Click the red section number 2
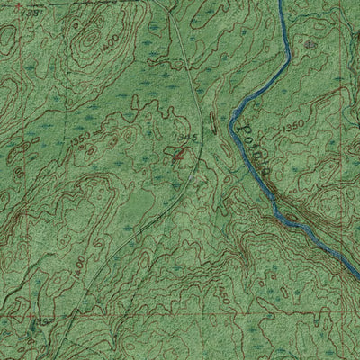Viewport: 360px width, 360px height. pos(179,154)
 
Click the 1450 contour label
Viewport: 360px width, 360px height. pos(222,291)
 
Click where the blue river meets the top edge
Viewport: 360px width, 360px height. pos(281,2)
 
